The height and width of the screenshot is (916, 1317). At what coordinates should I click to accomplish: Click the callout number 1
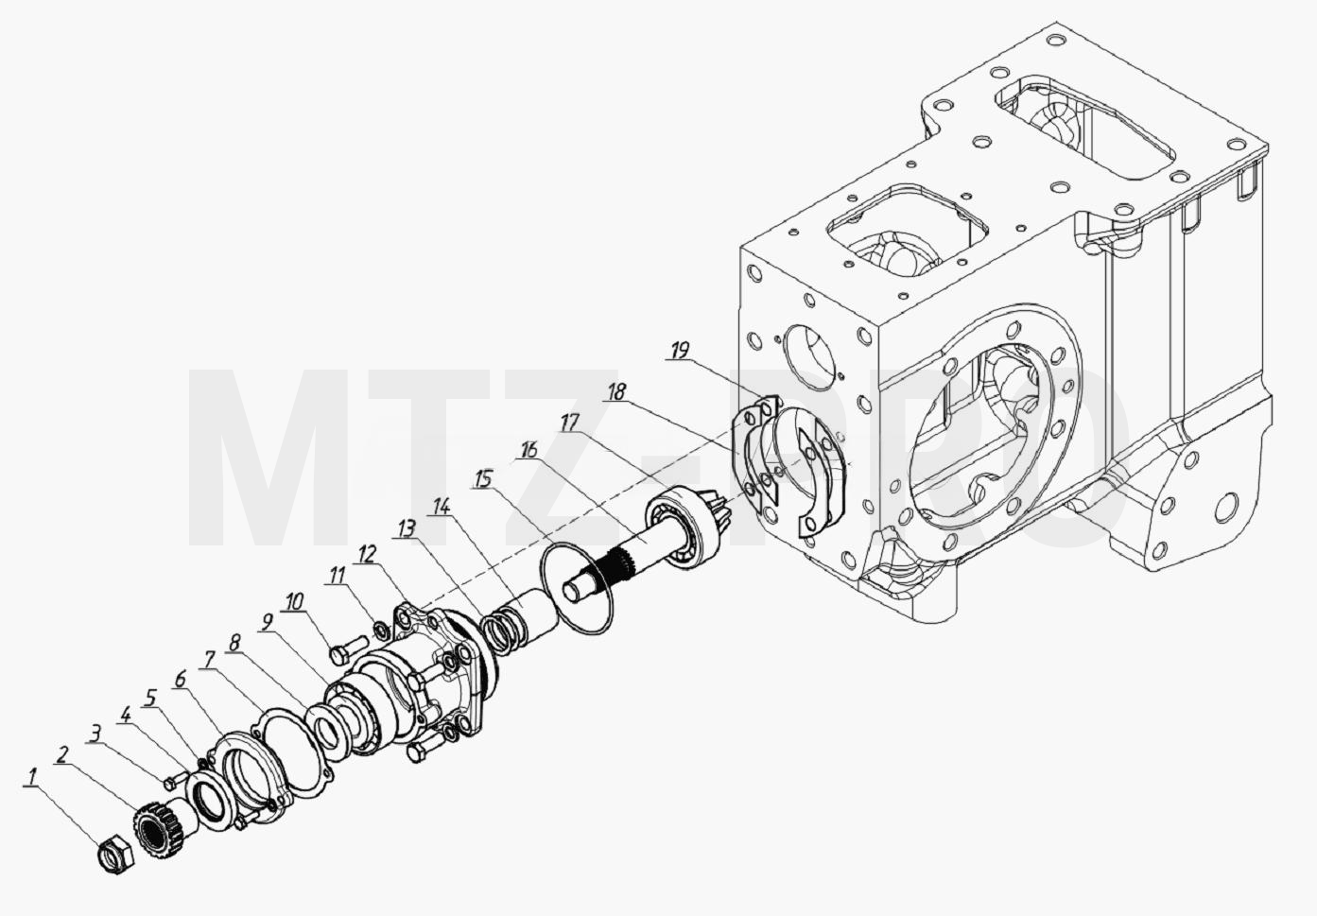[32, 777]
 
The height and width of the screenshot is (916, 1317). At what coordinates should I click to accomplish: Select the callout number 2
[62, 754]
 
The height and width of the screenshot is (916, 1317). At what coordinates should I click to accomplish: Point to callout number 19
[680, 351]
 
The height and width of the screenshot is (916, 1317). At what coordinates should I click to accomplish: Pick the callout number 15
[483, 479]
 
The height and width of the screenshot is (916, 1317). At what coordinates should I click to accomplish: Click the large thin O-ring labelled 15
[576, 589]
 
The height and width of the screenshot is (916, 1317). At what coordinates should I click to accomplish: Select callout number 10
[295, 602]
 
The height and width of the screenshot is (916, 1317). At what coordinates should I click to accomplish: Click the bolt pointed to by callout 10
[349, 649]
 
